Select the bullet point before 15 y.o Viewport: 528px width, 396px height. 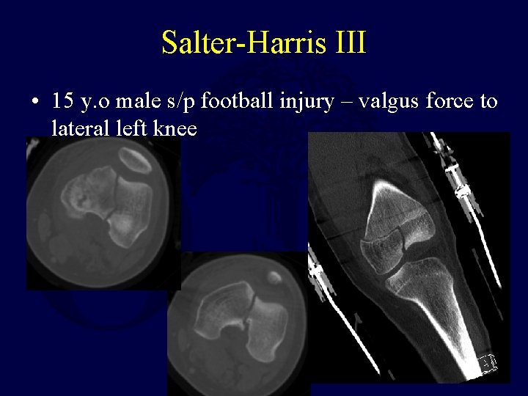36,101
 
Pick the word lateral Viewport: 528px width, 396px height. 81,129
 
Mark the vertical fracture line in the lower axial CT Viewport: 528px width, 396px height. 251,308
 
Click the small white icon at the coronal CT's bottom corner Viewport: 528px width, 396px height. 487,363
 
